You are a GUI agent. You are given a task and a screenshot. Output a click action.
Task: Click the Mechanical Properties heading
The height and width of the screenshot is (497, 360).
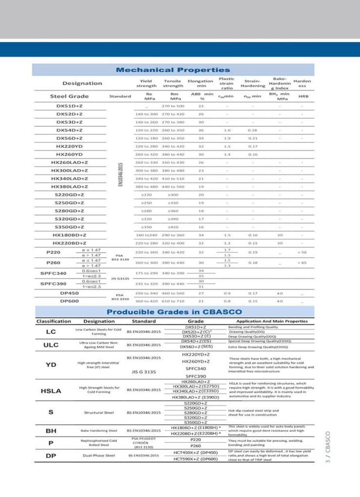[172, 70]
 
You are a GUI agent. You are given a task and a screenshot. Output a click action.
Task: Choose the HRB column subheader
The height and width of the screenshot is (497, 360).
[303, 96]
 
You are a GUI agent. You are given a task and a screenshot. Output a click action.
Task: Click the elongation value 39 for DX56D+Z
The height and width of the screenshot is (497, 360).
[201, 138]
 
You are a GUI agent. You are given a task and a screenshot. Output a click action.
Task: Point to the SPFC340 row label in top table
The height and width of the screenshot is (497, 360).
[53, 273]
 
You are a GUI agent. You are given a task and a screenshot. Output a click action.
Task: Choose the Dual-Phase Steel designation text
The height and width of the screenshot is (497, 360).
[99, 456]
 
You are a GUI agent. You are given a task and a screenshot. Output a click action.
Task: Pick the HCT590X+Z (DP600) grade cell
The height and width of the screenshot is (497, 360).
[196, 459]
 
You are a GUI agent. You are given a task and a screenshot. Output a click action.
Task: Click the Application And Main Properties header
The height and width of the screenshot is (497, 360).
[272, 321]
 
